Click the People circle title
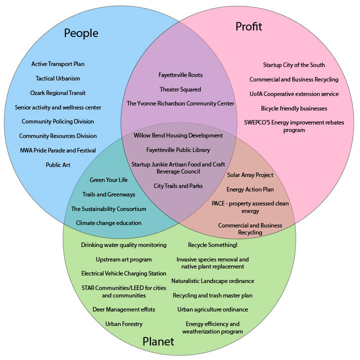(81, 33)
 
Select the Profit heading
(248, 26)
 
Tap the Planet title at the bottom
(158, 342)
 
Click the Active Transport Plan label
(58, 64)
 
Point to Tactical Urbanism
(58, 78)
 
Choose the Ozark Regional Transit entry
(58, 93)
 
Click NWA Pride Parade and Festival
(58, 150)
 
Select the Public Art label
(58, 164)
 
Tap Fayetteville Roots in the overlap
(180, 75)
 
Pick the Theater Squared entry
(180, 89)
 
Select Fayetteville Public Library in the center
(178, 150)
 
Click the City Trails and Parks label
(178, 186)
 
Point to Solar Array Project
(250, 175)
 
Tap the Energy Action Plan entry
(250, 189)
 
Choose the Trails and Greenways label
(108, 194)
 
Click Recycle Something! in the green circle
(212, 245)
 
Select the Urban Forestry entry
(124, 324)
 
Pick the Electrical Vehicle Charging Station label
(124, 273)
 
